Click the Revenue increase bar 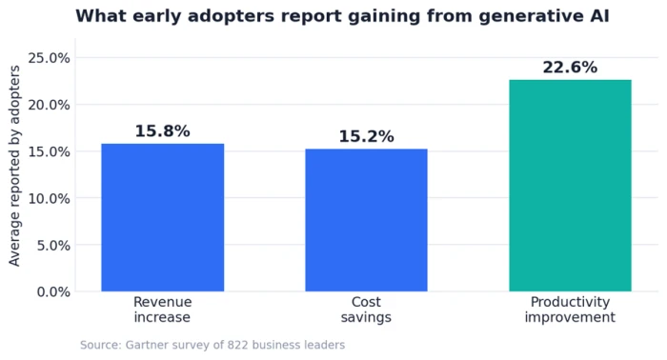click(x=163, y=217)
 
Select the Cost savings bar click(x=366, y=220)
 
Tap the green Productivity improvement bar click(x=570, y=186)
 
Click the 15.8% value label click(x=163, y=130)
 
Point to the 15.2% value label click(x=366, y=136)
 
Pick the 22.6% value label click(x=570, y=68)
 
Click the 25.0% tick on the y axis click(x=49, y=58)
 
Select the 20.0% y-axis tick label click(x=49, y=105)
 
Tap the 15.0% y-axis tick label click(x=49, y=151)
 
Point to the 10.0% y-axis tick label click(x=49, y=198)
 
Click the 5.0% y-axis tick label click(x=53, y=246)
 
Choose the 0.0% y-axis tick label click(x=53, y=292)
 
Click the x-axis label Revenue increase click(x=163, y=310)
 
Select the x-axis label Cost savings click(x=366, y=310)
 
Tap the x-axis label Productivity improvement click(x=570, y=310)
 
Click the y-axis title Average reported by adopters click(x=14, y=166)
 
